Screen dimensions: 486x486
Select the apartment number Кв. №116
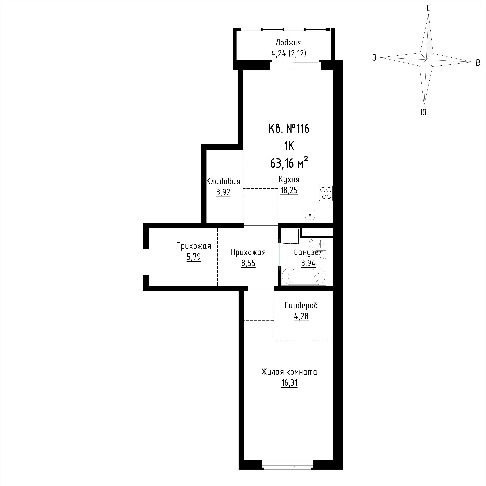289,129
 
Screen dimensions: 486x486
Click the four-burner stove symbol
326,193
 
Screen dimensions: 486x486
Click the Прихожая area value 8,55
248,263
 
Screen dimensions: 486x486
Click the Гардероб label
301,305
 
